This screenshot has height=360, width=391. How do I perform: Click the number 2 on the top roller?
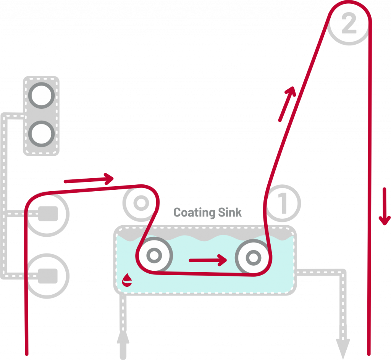[x=349, y=24]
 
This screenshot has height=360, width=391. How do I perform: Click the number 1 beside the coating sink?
[x=283, y=203]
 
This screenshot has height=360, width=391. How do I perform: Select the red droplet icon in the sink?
[x=127, y=281]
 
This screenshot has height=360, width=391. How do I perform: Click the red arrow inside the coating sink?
[x=208, y=260]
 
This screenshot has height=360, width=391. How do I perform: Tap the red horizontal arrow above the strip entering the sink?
[x=89, y=179]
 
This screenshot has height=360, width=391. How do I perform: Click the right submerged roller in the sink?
[x=252, y=258]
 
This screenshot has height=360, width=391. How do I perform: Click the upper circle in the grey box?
[x=41, y=95]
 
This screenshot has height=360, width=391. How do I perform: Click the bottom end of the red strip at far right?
[x=369, y=353]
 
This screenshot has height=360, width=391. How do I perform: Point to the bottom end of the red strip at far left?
[x=27, y=353]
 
